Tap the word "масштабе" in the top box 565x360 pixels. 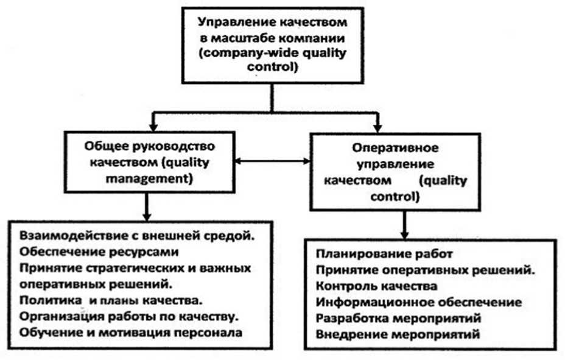coord(247,38)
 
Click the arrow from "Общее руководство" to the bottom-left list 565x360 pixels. coord(146,207)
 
